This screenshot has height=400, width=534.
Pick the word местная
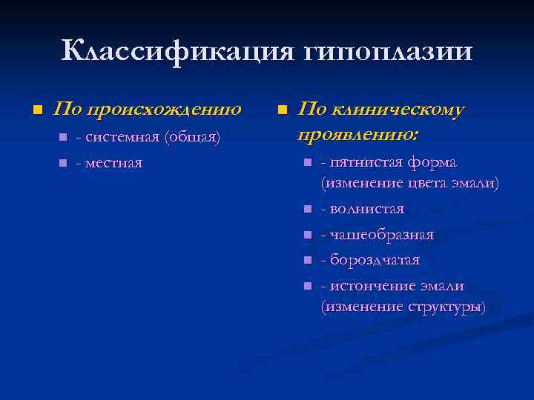coord(113,162)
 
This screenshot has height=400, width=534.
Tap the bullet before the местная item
coord(62,162)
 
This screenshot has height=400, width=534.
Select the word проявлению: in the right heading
coord(358,135)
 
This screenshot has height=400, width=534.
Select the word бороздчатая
coord(374,260)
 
